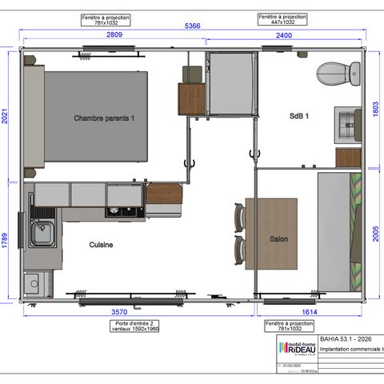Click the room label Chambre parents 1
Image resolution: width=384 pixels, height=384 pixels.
104,118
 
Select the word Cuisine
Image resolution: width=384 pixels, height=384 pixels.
101,245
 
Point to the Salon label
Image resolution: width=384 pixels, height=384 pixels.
278,238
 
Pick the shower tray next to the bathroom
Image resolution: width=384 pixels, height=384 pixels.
232,84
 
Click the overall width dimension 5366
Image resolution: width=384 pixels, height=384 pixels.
192,26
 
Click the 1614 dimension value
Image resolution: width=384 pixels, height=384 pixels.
310,312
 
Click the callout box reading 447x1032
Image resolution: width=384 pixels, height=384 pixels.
281,19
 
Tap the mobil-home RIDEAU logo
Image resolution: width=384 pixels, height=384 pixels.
295,346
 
